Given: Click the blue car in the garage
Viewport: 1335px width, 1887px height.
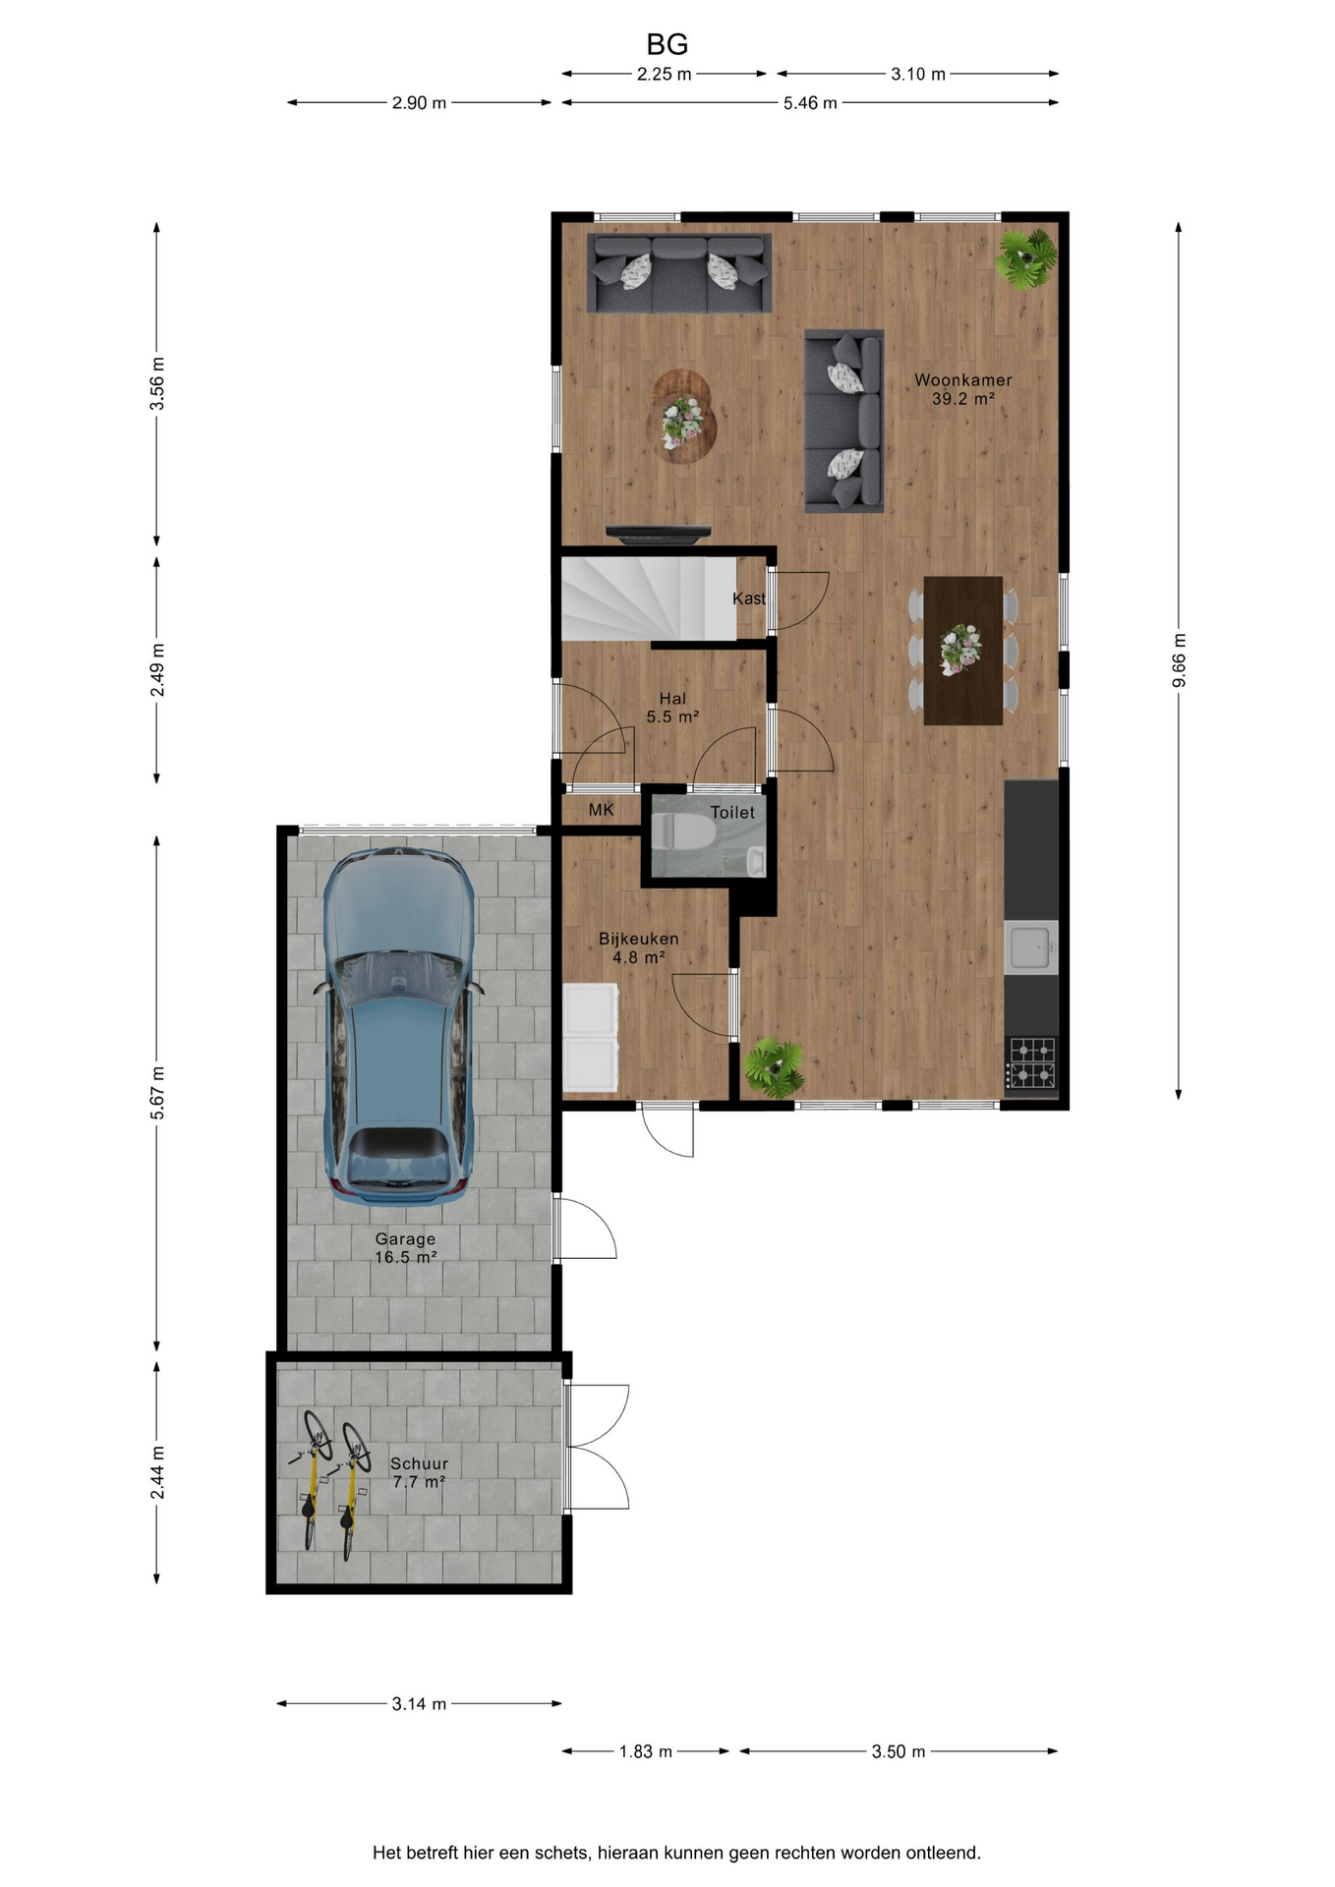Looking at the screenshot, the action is coord(399,1026).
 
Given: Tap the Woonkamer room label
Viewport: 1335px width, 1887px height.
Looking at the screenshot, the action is coord(962,379).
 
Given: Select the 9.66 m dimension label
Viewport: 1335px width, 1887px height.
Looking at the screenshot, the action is coord(1179,660).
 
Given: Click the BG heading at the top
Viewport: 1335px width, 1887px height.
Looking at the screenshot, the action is coord(667,44).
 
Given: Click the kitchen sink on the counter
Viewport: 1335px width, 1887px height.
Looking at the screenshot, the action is coord(1031,947).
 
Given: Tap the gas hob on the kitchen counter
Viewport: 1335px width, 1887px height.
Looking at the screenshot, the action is coord(1031,1062).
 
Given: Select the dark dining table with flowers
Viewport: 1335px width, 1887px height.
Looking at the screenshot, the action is coord(962,651).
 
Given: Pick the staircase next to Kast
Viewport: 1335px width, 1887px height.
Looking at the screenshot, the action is coord(649,599).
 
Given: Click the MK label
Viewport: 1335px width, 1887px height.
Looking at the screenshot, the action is coord(602,810).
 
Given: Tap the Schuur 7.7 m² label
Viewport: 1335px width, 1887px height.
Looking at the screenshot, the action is coord(419,1472).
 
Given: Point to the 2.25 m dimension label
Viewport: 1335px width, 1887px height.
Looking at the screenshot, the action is coord(665,74).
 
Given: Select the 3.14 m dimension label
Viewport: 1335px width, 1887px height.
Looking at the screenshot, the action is coord(419,1703).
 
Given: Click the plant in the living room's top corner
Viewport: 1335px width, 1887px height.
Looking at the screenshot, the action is coord(1025,259).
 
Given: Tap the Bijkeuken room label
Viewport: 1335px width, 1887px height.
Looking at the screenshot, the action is coord(639,939).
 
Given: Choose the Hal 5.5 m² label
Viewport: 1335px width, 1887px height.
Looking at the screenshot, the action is coord(673,708).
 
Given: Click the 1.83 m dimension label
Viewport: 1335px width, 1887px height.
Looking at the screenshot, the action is coord(646,1751).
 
